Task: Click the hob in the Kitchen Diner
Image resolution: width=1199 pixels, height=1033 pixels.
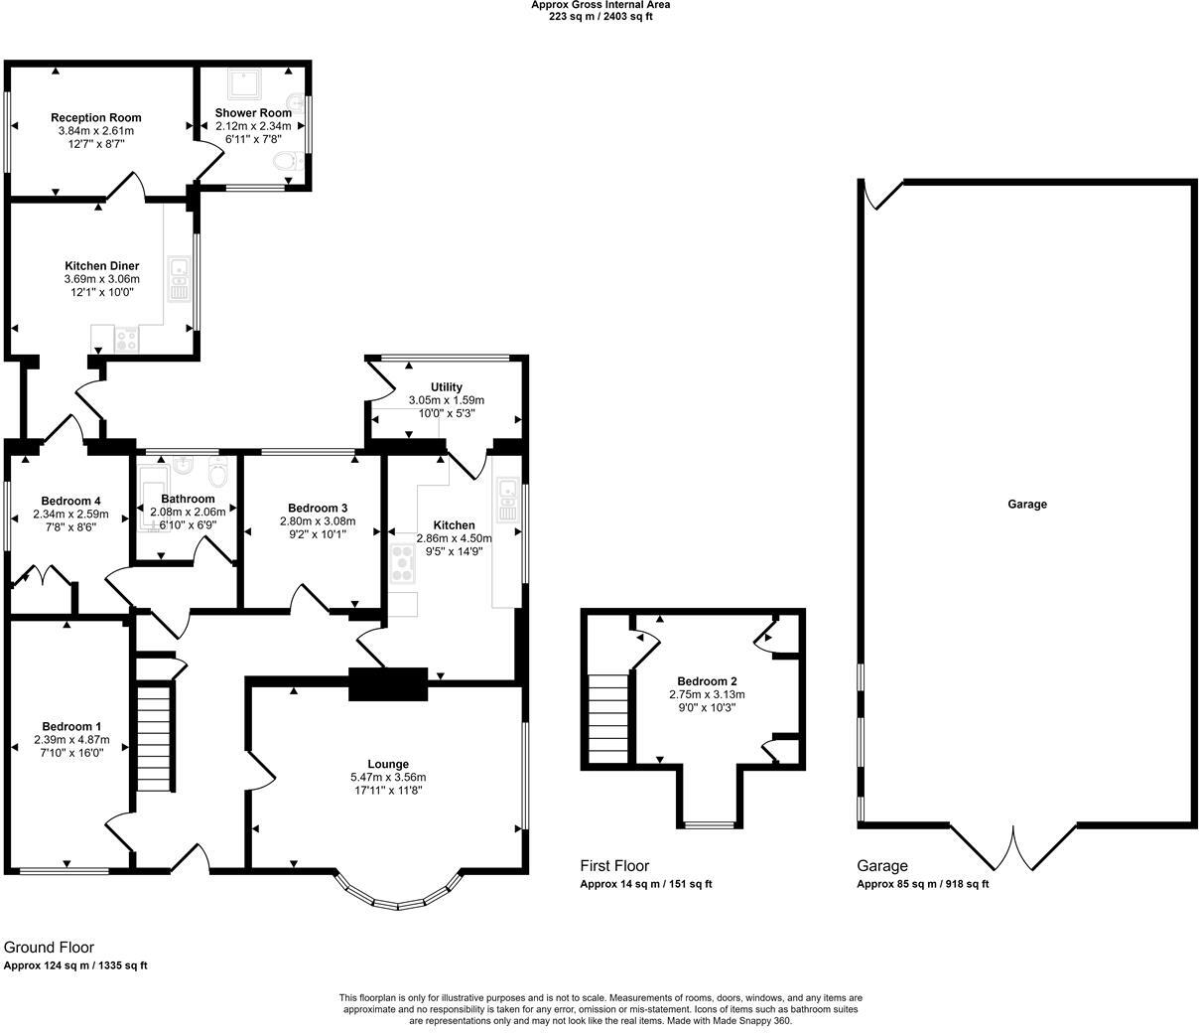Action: [x=127, y=339]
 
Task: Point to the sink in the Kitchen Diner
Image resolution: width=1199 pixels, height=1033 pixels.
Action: [x=180, y=279]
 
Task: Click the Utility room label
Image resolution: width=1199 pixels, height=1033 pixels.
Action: [x=446, y=386]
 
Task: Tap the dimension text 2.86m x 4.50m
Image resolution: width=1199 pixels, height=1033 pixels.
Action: [x=454, y=538]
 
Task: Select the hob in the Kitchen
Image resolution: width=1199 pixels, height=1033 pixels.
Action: [x=404, y=563]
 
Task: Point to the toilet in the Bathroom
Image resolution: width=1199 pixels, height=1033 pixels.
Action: [x=219, y=476]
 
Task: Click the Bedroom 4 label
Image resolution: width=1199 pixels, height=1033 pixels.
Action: [x=70, y=501]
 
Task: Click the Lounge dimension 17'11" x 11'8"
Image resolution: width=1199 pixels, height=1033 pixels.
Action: [x=387, y=791]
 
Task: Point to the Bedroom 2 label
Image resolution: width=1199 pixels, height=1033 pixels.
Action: [x=707, y=681]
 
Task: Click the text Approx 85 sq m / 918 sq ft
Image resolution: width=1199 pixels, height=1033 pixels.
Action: [x=922, y=884]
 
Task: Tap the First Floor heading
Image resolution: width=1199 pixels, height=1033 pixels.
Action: [x=614, y=866]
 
